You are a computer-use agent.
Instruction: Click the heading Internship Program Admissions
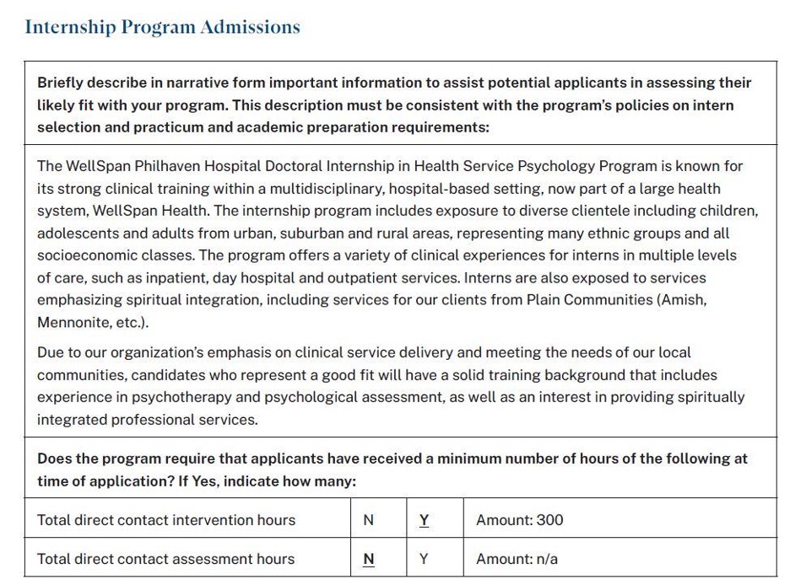click(162, 27)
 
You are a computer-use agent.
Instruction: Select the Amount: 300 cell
click(519, 520)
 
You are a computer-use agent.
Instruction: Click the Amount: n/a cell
click(517, 559)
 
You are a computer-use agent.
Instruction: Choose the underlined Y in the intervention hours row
click(424, 520)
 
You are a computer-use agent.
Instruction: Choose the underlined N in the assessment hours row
click(368, 559)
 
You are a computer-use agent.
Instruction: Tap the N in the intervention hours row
click(368, 520)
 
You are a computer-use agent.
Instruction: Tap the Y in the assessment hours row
click(424, 559)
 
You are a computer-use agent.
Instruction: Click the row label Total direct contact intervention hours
click(166, 520)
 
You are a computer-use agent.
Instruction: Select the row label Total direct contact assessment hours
click(165, 559)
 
